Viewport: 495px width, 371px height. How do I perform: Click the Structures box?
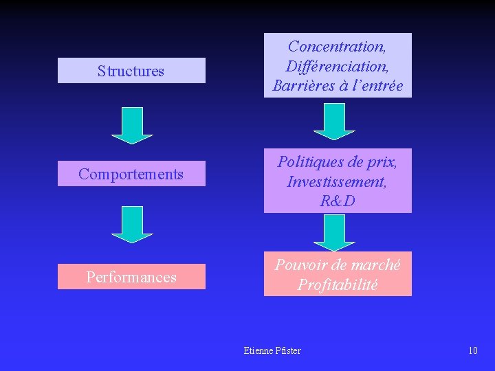(131, 71)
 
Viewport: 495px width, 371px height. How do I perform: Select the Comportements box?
(131, 174)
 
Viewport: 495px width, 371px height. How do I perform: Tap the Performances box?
(131, 277)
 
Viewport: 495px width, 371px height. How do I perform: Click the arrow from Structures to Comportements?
(132, 125)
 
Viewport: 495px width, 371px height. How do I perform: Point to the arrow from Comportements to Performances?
(132, 224)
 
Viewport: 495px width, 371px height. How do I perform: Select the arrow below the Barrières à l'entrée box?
(334, 121)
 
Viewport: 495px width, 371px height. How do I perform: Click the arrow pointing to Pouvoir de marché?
(334, 232)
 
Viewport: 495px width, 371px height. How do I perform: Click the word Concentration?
(336, 47)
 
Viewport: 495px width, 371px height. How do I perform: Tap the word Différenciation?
(337, 67)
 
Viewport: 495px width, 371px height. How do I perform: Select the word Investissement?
(337, 182)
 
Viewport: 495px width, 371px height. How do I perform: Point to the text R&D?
(338, 201)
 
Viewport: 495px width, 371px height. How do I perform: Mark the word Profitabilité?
(338, 284)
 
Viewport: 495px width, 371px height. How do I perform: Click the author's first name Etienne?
(258, 350)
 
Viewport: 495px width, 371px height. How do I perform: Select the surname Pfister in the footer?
(288, 350)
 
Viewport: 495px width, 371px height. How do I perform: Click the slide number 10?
(472, 350)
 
